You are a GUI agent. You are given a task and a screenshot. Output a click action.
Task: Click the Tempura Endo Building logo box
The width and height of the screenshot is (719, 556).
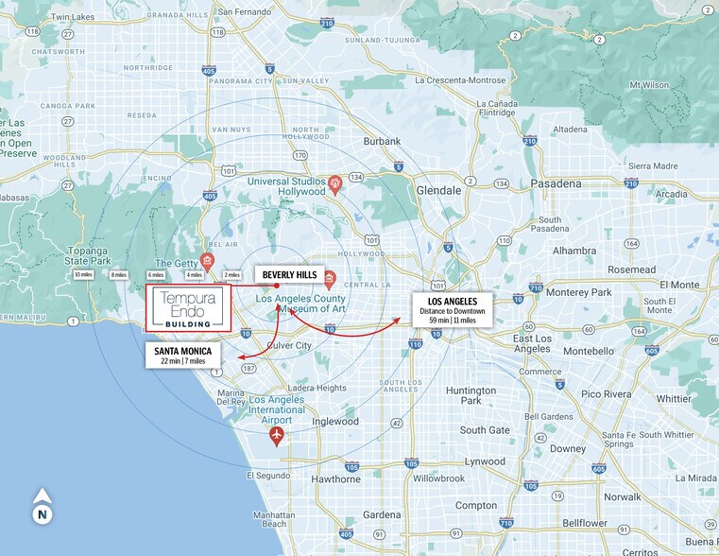point(189,308)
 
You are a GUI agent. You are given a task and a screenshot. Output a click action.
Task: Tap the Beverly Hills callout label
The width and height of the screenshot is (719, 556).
point(289,275)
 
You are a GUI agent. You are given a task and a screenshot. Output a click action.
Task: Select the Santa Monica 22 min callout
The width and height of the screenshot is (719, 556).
point(183,355)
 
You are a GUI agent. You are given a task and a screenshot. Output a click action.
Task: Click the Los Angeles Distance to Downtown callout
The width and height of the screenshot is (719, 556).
point(452,309)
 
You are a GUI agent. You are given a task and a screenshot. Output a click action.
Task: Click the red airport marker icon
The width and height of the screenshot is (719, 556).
point(277,435)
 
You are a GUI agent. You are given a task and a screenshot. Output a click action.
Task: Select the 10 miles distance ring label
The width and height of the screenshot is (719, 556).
point(83,274)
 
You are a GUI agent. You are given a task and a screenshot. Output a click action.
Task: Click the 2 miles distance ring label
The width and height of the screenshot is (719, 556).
point(231,274)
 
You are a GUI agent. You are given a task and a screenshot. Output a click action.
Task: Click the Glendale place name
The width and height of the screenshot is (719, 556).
point(439,190)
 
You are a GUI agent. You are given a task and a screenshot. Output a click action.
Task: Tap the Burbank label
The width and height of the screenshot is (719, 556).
point(382,141)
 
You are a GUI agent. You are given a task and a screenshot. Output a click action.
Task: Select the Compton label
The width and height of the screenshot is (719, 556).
point(476,506)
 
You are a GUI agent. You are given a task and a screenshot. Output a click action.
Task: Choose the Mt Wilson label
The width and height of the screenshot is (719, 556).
point(649,85)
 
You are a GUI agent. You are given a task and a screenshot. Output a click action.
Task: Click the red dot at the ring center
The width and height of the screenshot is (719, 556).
point(277,286)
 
